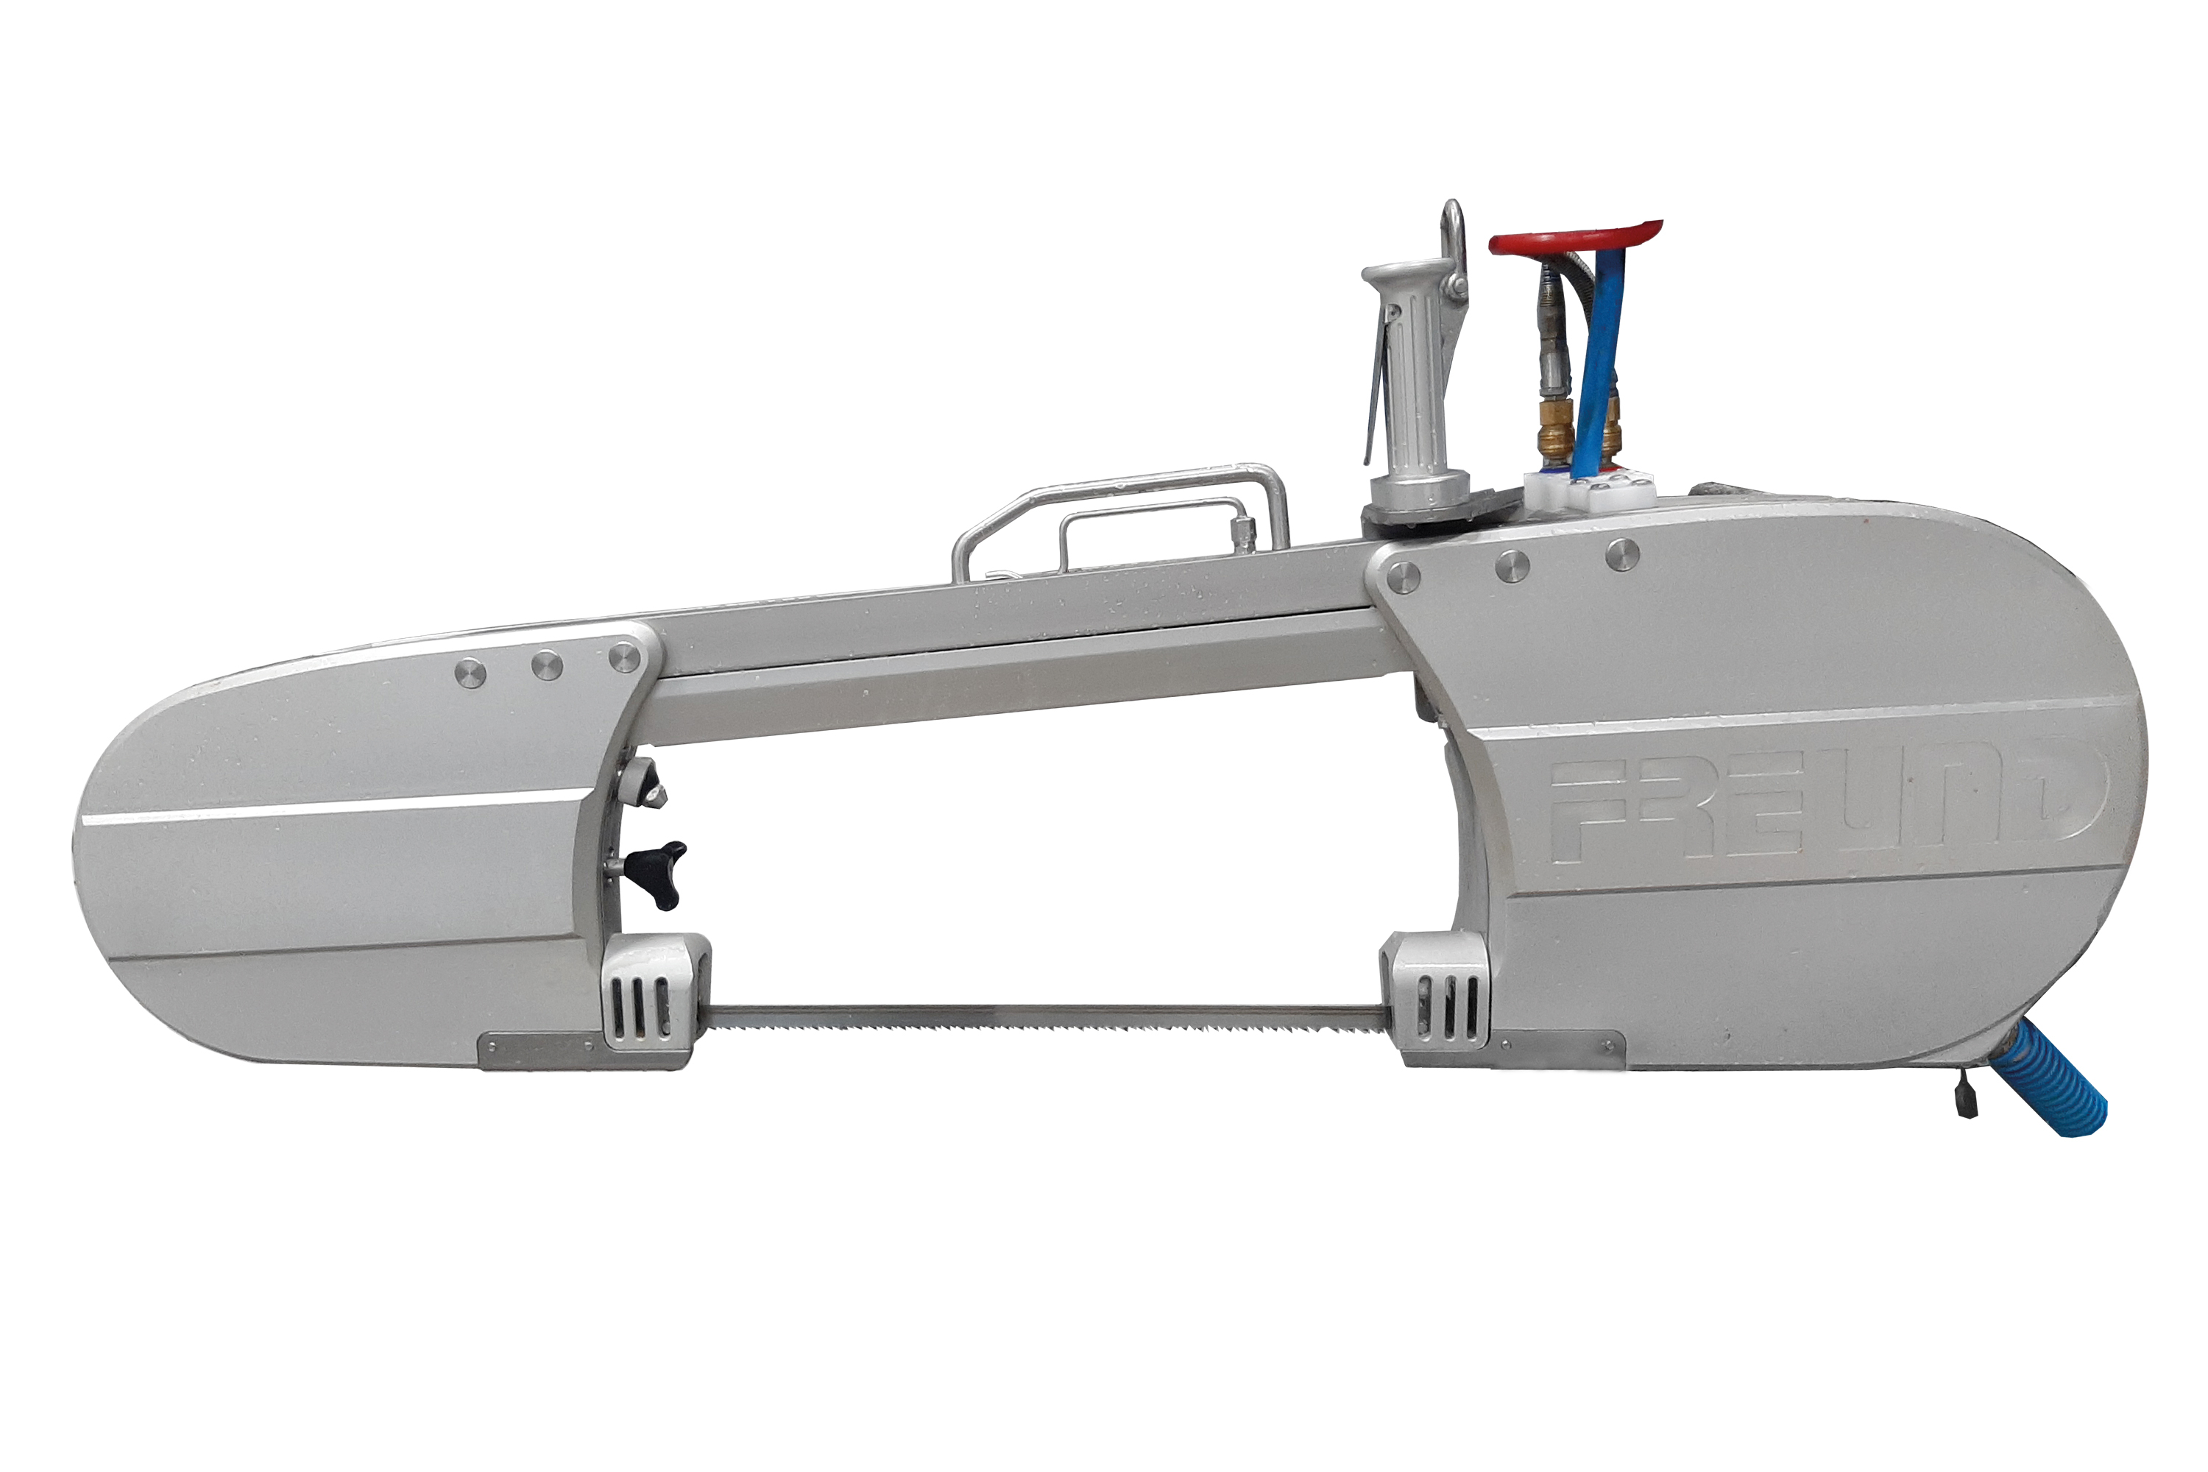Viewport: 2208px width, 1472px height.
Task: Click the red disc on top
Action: tap(1574, 236)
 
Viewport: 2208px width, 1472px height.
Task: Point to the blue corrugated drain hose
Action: tap(2054, 1077)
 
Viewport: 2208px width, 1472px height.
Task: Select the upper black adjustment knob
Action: tap(647, 783)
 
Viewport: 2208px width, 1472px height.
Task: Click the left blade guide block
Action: tap(655, 992)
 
